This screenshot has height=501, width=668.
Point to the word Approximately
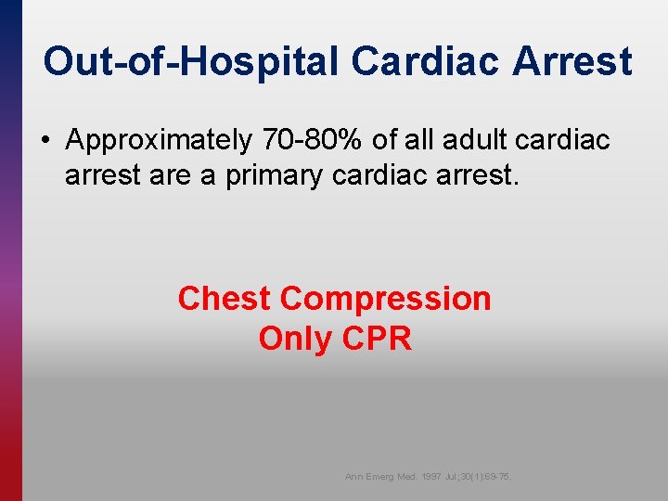click(159, 140)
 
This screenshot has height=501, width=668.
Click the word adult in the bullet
click(471, 140)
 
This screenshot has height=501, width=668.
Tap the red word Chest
click(225, 299)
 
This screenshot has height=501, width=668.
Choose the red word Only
click(296, 339)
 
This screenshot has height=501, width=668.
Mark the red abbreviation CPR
click(377, 339)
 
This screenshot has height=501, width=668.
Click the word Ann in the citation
click(353, 477)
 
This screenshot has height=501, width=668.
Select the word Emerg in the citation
click(381, 477)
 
